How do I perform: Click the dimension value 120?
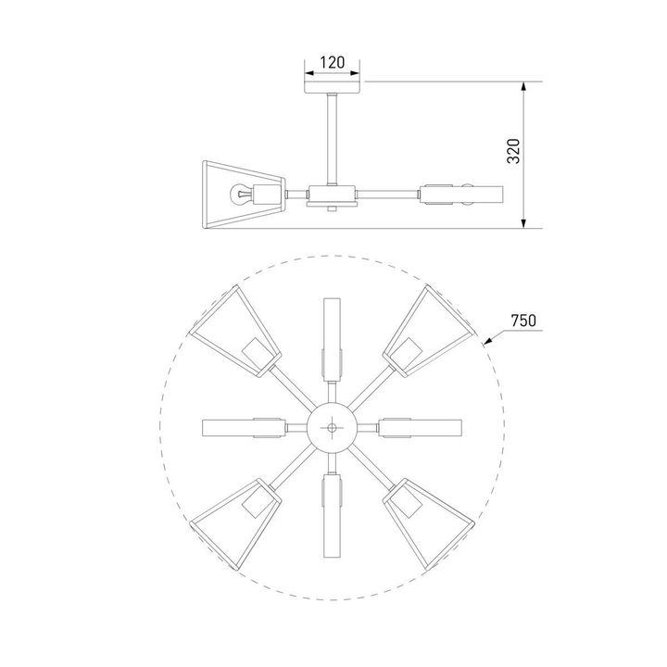(332, 63)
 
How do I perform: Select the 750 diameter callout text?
(523, 321)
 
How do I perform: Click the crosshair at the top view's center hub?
(333, 427)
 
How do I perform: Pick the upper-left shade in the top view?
(238, 333)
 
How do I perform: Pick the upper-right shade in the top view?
(427, 333)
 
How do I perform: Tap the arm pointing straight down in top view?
(333, 514)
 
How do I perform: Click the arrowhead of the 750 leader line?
(486, 343)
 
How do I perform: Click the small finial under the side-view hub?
(333, 212)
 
